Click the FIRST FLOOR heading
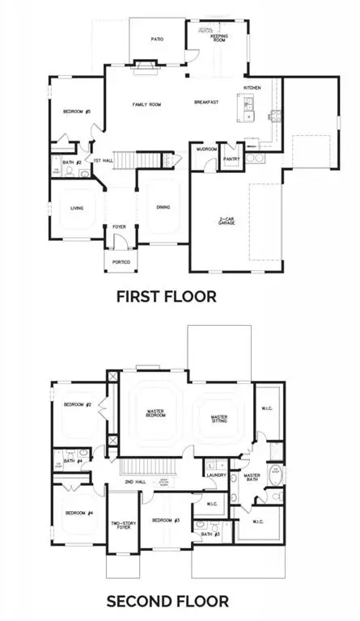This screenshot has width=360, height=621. pos(167,296)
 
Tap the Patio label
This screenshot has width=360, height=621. pos(159,38)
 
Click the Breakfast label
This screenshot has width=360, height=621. pos(207,102)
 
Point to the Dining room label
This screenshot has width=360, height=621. pos(163,208)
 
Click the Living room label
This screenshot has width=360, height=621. pos(77,208)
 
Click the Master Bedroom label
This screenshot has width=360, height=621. pos(155,413)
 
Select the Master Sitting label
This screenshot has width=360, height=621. pos(219,419)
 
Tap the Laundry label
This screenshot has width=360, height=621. pos(215,475)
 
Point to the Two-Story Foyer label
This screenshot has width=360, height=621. pos(123,526)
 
